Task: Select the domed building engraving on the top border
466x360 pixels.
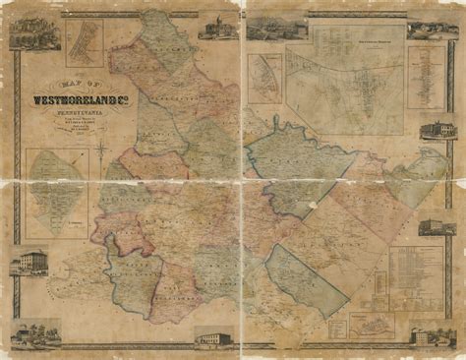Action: pos(213,28)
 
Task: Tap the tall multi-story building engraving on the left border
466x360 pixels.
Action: pos(29,263)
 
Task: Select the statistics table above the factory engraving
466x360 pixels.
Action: pos(416,277)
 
